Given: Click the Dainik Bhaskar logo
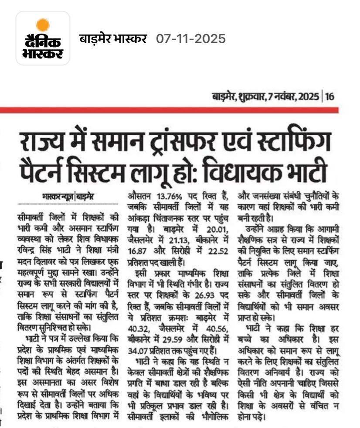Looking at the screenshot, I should coord(43,38).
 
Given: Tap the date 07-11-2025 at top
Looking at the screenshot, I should coord(191,39).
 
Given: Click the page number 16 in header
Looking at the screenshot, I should coord(330,96).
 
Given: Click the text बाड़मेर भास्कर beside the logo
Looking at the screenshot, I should coord(113,39).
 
